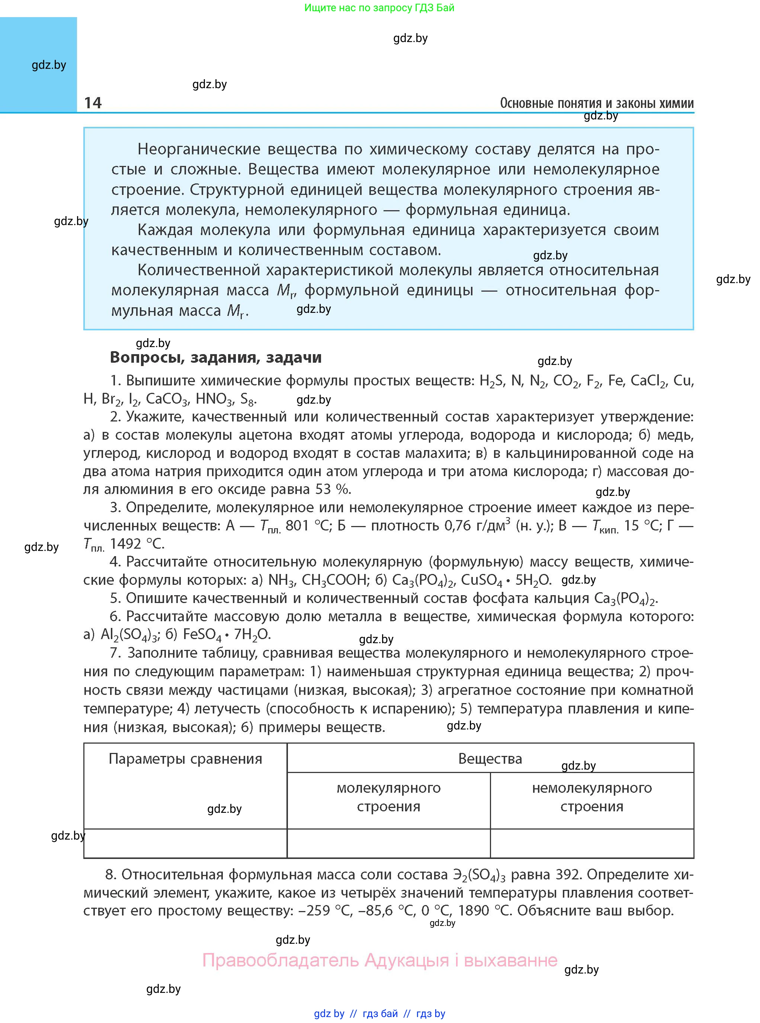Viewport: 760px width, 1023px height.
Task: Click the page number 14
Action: [x=93, y=103]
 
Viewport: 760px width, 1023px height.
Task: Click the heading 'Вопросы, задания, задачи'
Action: [x=216, y=357]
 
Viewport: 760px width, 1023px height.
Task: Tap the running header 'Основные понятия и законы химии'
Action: [x=596, y=103]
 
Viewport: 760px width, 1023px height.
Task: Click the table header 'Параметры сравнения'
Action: [x=185, y=759]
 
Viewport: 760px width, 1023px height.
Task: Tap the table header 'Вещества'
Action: [x=490, y=759]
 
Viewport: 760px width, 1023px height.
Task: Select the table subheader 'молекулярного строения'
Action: [x=388, y=797]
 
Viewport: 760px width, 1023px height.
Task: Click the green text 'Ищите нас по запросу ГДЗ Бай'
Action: [x=379, y=8]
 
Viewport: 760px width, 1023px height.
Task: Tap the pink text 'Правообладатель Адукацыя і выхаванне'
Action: [x=379, y=961]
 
